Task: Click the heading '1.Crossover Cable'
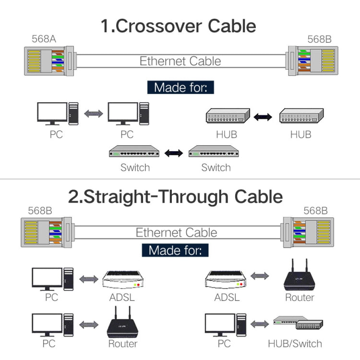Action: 178,25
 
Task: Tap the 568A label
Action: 44,39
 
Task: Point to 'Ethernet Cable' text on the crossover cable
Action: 180,61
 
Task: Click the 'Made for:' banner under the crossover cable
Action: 180,87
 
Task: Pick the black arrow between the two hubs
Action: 263,117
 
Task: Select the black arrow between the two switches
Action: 174,154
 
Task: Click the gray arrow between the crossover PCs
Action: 94,114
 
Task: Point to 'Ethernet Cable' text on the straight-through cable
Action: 176,233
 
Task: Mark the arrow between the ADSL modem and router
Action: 260,276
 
